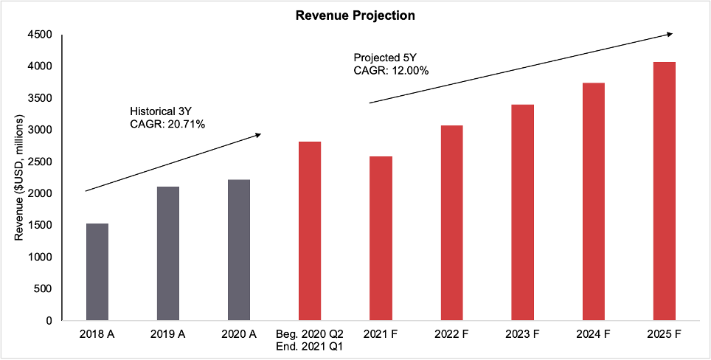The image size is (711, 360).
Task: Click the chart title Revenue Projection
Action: pyautogui.click(x=355, y=15)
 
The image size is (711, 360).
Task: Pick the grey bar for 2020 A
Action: pyautogui.click(x=239, y=250)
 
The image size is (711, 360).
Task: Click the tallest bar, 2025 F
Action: pyautogui.click(x=664, y=191)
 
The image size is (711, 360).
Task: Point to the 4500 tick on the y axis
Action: pyautogui.click(x=40, y=35)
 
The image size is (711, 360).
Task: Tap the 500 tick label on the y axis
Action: pyautogui.click(x=43, y=289)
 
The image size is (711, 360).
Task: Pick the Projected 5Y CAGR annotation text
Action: pyautogui.click(x=391, y=63)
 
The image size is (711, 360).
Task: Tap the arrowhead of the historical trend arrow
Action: pyautogui.click(x=258, y=134)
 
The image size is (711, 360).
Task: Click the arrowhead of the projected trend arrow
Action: pyautogui.click(x=670, y=33)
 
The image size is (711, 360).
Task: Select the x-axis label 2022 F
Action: pyautogui.click(x=451, y=334)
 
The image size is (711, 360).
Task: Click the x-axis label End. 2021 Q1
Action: pyautogui.click(x=310, y=345)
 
